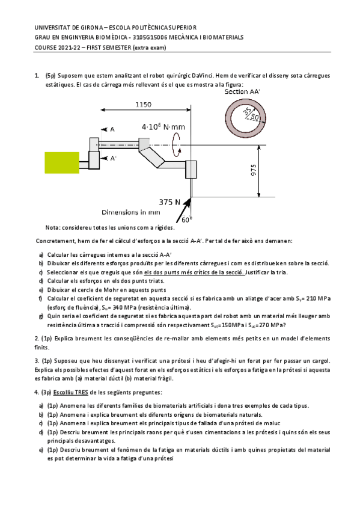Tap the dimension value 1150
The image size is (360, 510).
(143, 105)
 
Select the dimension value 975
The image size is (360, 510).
(255, 171)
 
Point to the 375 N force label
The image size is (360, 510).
(170, 201)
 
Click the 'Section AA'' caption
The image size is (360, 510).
(243, 91)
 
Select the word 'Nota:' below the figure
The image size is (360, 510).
(53, 227)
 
